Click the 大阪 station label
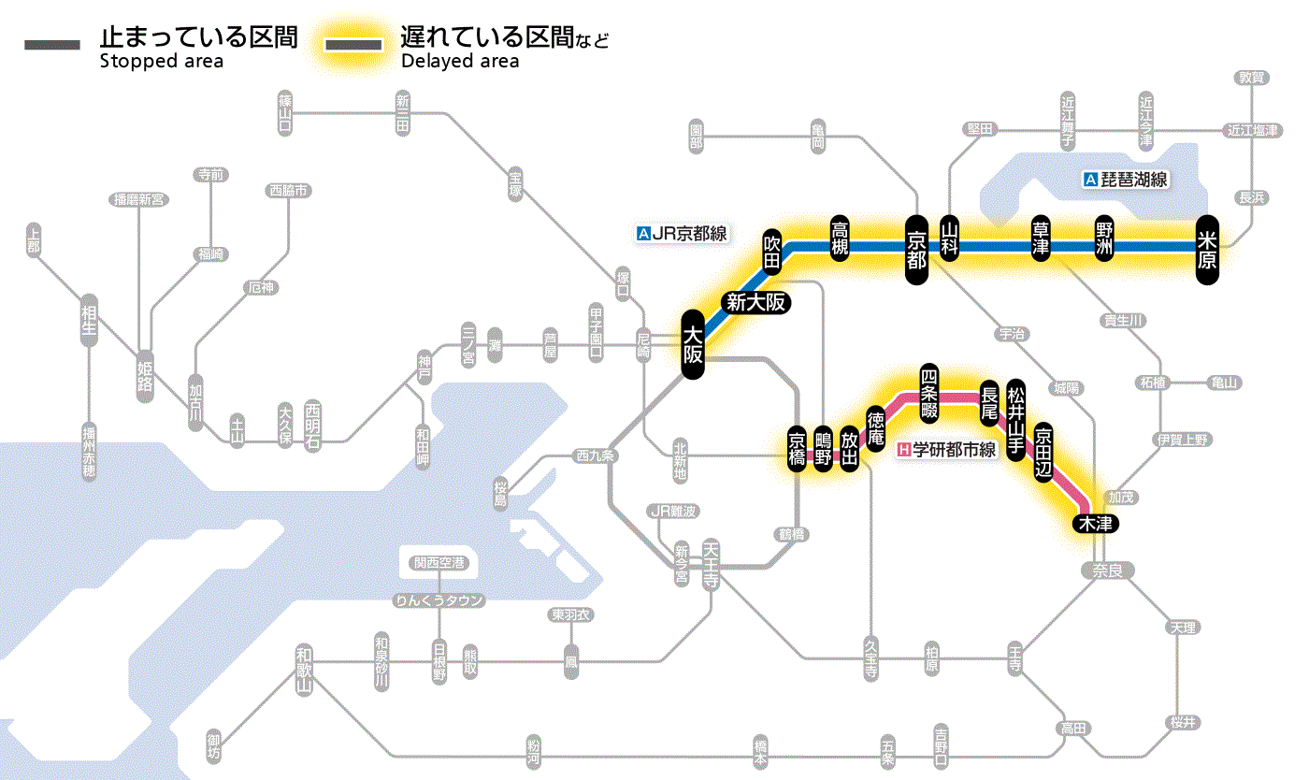coord(692,344)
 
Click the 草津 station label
coord(1040,239)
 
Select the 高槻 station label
coord(840,238)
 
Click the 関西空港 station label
coord(439,563)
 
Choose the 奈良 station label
coord(1107,571)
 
